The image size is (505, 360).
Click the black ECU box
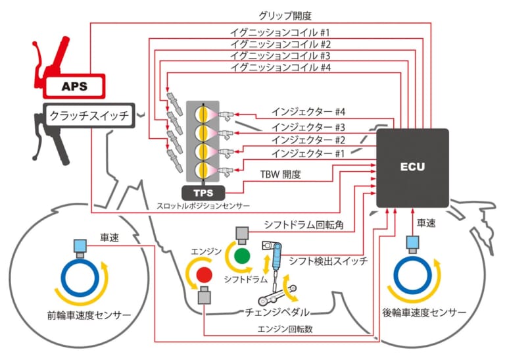point(412,167)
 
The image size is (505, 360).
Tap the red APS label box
point(74,86)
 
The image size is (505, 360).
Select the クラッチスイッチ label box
point(89,116)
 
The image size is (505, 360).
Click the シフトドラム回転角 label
point(304,225)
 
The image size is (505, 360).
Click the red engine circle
point(204,273)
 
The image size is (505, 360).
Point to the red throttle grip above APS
point(56,56)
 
